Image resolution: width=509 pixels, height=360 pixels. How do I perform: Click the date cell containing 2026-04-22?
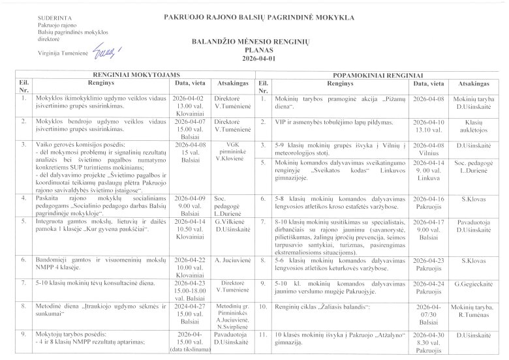[189, 267]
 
